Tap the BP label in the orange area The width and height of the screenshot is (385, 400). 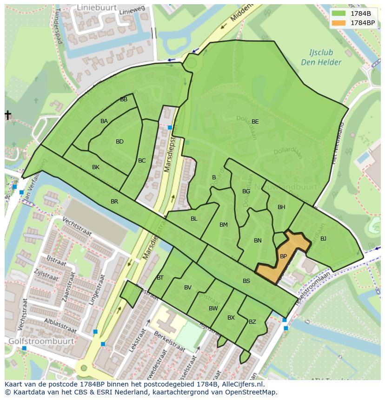[x=283, y=256]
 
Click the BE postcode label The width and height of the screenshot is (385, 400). [x=255, y=122]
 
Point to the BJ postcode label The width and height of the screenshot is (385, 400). [x=323, y=239]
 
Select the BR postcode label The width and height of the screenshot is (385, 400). [x=114, y=202]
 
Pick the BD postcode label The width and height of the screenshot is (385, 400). [x=119, y=142]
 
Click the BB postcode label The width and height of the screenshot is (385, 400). [x=124, y=99]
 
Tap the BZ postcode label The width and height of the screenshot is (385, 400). [x=252, y=322]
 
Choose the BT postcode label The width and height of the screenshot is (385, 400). [x=160, y=278]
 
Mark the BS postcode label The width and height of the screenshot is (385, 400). [x=246, y=281]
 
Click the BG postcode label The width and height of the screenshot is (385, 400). [x=246, y=191]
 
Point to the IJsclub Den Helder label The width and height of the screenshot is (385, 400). [x=321, y=58]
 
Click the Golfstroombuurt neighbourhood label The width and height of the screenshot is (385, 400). [x=41, y=341]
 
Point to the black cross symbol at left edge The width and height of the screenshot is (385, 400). [x=7, y=115]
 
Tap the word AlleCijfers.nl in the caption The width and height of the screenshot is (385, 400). [x=242, y=385]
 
